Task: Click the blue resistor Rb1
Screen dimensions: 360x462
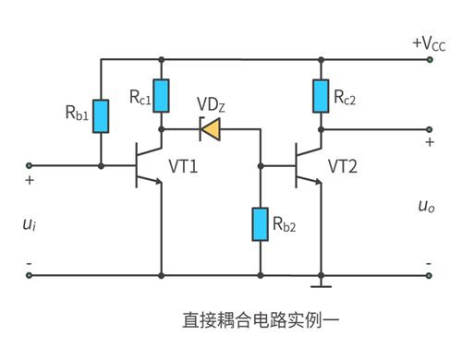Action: (101, 115)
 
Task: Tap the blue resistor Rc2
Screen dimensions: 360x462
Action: (321, 94)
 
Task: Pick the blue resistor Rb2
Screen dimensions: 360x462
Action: (261, 223)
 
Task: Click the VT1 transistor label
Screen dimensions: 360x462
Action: (183, 167)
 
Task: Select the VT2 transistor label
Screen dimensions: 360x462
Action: (344, 167)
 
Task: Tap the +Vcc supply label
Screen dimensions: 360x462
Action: (428, 44)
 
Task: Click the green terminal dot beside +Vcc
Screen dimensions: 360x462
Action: (431, 60)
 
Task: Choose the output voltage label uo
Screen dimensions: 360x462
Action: (426, 208)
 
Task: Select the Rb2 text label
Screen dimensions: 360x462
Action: (284, 223)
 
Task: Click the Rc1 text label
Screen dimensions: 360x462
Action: (140, 97)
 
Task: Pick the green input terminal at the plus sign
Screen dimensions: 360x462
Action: (30, 166)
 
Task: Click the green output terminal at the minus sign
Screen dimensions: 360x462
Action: (431, 276)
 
